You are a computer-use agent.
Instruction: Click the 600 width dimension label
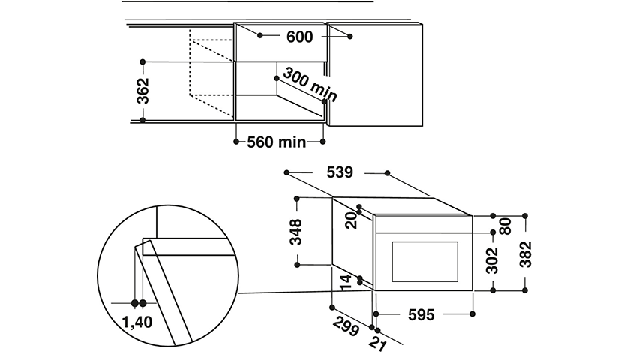[300, 37]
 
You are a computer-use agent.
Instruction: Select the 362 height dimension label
[142, 91]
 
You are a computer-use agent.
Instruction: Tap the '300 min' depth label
[310, 85]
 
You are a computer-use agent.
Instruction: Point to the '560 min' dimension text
[276, 142]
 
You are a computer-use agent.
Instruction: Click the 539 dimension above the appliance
[340, 172]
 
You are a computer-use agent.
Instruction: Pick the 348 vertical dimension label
[295, 232]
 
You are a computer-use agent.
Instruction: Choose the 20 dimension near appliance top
[351, 220]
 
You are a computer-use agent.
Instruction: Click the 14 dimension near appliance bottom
[345, 282]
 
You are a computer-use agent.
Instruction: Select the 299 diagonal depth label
[346, 326]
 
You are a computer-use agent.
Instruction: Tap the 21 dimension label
[378, 343]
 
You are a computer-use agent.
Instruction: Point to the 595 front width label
[421, 314]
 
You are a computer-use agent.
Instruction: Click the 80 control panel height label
[505, 226]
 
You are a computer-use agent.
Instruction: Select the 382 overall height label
[525, 254]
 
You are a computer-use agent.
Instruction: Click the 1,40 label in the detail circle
[137, 322]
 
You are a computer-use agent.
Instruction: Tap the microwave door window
[424, 262]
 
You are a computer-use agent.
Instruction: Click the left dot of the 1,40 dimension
[135, 303]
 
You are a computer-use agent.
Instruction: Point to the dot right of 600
[350, 37]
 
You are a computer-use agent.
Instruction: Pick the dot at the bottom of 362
[142, 120]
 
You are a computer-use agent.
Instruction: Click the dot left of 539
[286, 172]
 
